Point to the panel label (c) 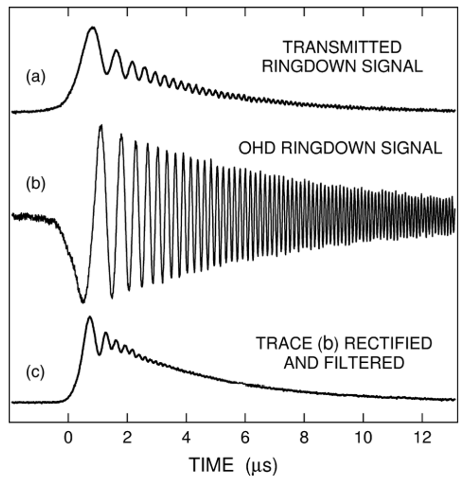pyautogui.click(x=35, y=371)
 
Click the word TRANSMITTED pyautogui.click(x=342, y=48)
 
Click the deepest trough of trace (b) pyautogui.click(x=83, y=302)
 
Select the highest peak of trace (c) pyautogui.click(x=89, y=317)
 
